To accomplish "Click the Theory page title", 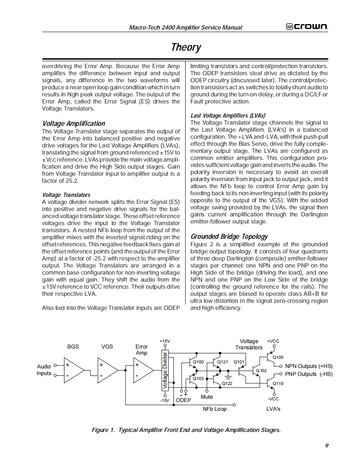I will tap(186, 47).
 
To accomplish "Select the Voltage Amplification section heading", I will tap(74, 123).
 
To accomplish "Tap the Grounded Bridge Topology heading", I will tap(229, 236).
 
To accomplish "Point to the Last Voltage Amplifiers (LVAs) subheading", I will tap(228, 115).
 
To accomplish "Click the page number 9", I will tap(327, 446).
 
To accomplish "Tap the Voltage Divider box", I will tap(165, 370).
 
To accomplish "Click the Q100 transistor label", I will tap(199, 362).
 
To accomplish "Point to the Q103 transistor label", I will tap(198, 378).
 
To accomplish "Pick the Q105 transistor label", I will tap(278, 357).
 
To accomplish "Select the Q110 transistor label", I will tap(278, 383).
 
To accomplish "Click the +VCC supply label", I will tap(273, 341).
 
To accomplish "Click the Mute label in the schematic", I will tap(207, 397).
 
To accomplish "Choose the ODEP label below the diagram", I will tap(183, 400).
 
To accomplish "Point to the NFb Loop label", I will tap(215, 409).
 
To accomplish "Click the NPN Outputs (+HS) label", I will tap(309, 366).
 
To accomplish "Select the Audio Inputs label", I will tap(44, 370).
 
